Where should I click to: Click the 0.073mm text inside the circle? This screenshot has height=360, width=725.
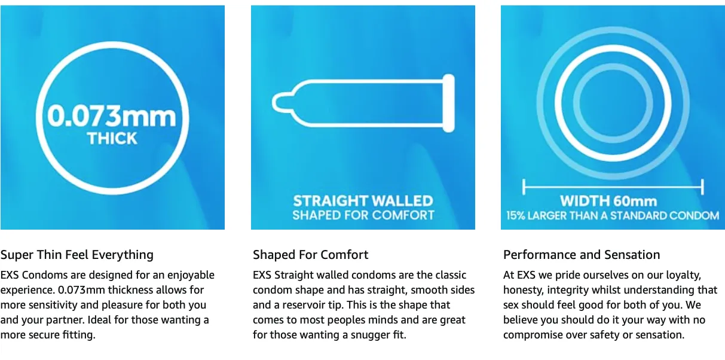(112, 116)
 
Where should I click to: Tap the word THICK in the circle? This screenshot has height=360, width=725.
(112, 139)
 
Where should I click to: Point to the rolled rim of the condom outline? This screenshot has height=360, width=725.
(449, 103)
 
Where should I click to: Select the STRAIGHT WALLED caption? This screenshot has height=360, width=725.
(363, 201)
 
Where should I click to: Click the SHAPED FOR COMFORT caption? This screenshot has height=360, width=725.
(363, 215)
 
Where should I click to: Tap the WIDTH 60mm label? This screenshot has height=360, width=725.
(608, 201)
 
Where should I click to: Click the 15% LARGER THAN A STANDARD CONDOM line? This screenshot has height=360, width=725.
(613, 216)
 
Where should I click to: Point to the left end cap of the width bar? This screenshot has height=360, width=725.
(524, 187)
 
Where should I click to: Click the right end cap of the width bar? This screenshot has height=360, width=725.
(702, 187)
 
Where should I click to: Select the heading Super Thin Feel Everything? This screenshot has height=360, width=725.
(77, 255)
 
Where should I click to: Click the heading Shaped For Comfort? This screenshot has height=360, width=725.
(310, 255)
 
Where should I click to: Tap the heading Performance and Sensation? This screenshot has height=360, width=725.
(582, 255)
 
